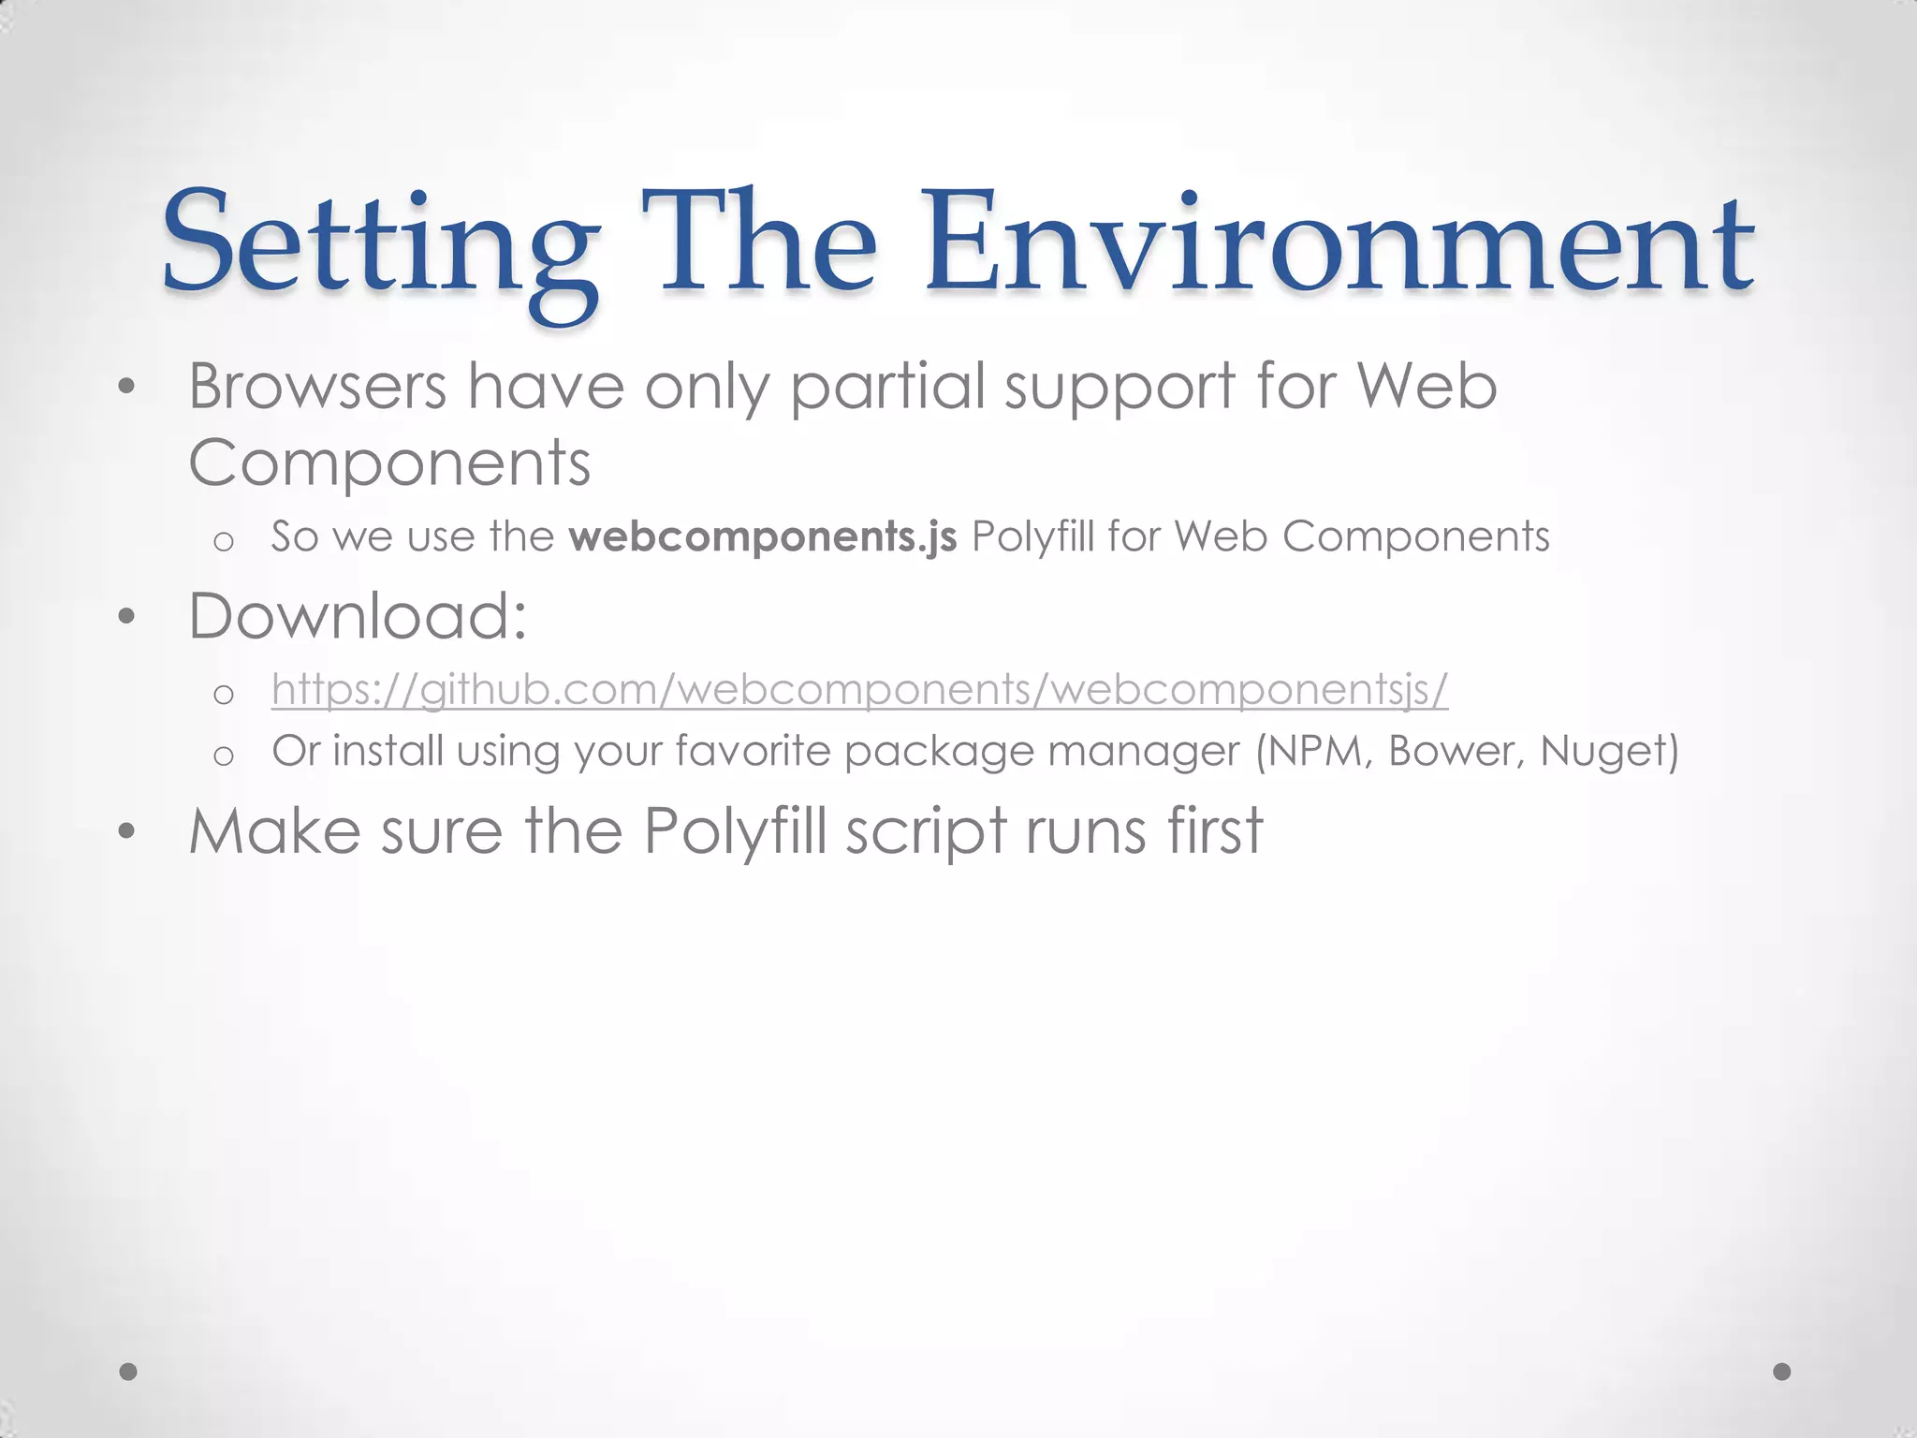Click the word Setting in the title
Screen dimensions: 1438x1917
[379, 245]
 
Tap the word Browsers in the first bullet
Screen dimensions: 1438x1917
[317, 386]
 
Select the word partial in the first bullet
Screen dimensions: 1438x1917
[887, 388]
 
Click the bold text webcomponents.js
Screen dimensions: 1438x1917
[763, 536]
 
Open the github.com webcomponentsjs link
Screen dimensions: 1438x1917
[859, 690]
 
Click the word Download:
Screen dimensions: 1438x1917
[358, 616]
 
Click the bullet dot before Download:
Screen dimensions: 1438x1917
[127, 617]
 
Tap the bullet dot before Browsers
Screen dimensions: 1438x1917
[127, 387]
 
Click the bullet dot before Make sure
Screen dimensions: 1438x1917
[127, 831]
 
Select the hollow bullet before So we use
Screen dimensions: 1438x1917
[223, 541]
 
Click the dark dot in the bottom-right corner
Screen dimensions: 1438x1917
[1782, 1372]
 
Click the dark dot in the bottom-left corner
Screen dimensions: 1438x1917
[129, 1372]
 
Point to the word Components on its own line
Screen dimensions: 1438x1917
[389, 462]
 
